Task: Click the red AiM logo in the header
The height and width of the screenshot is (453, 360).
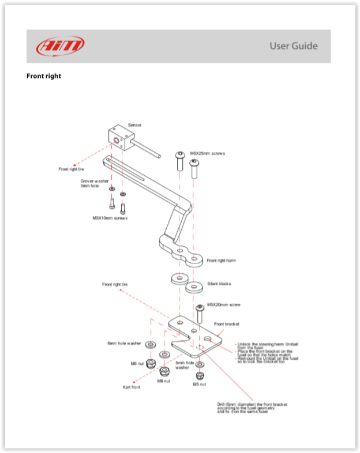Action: (x=60, y=46)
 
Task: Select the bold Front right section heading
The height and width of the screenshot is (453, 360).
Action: (x=44, y=76)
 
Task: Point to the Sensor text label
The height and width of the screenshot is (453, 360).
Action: (x=134, y=124)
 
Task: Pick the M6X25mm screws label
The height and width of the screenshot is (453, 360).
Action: (x=207, y=153)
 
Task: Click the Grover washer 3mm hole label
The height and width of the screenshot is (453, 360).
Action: (x=95, y=183)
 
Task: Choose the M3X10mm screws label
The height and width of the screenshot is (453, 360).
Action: (x=110, y=218)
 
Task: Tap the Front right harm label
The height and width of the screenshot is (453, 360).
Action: (x=221, y=261)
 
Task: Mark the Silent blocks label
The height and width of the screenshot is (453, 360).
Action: (x=219, y=284)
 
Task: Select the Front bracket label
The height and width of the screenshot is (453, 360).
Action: (x=226, y=324)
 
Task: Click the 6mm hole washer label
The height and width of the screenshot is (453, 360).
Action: (x=124, y=343)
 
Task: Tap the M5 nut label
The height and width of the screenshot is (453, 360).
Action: (x=200, y=384)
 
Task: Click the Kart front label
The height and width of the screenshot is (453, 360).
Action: (x=131, y=387)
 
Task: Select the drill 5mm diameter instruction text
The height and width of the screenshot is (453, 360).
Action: (x=252, y=407)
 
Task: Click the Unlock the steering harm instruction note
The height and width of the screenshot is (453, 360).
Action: (x=267, y=351)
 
